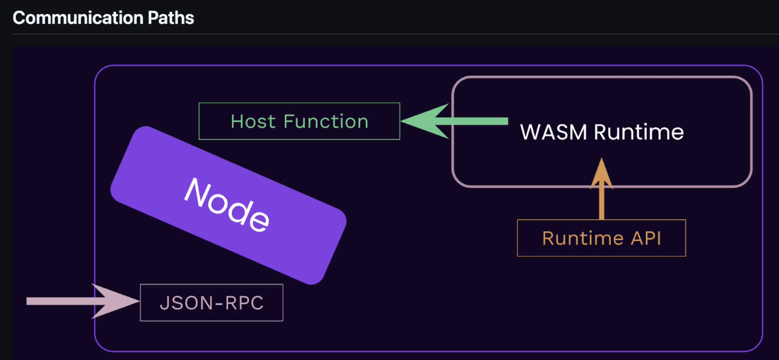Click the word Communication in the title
tap(78, 18)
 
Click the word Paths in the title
tap(171, 18)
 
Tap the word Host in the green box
tap(253, 121)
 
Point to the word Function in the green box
tap(326, 121)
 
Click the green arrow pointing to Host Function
tap(454, 121)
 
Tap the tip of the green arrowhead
tap(401, 121)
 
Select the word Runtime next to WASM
tap(638, 132)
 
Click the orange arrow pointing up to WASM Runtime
tap(602, 188)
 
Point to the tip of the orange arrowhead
tap(602, 158)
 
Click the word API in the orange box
tap(645, 238)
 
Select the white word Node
tap(227, 205)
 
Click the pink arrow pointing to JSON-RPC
tap(83, 301)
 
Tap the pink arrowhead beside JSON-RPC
tap(115, 301)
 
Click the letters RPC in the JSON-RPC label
tap(245, 303)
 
